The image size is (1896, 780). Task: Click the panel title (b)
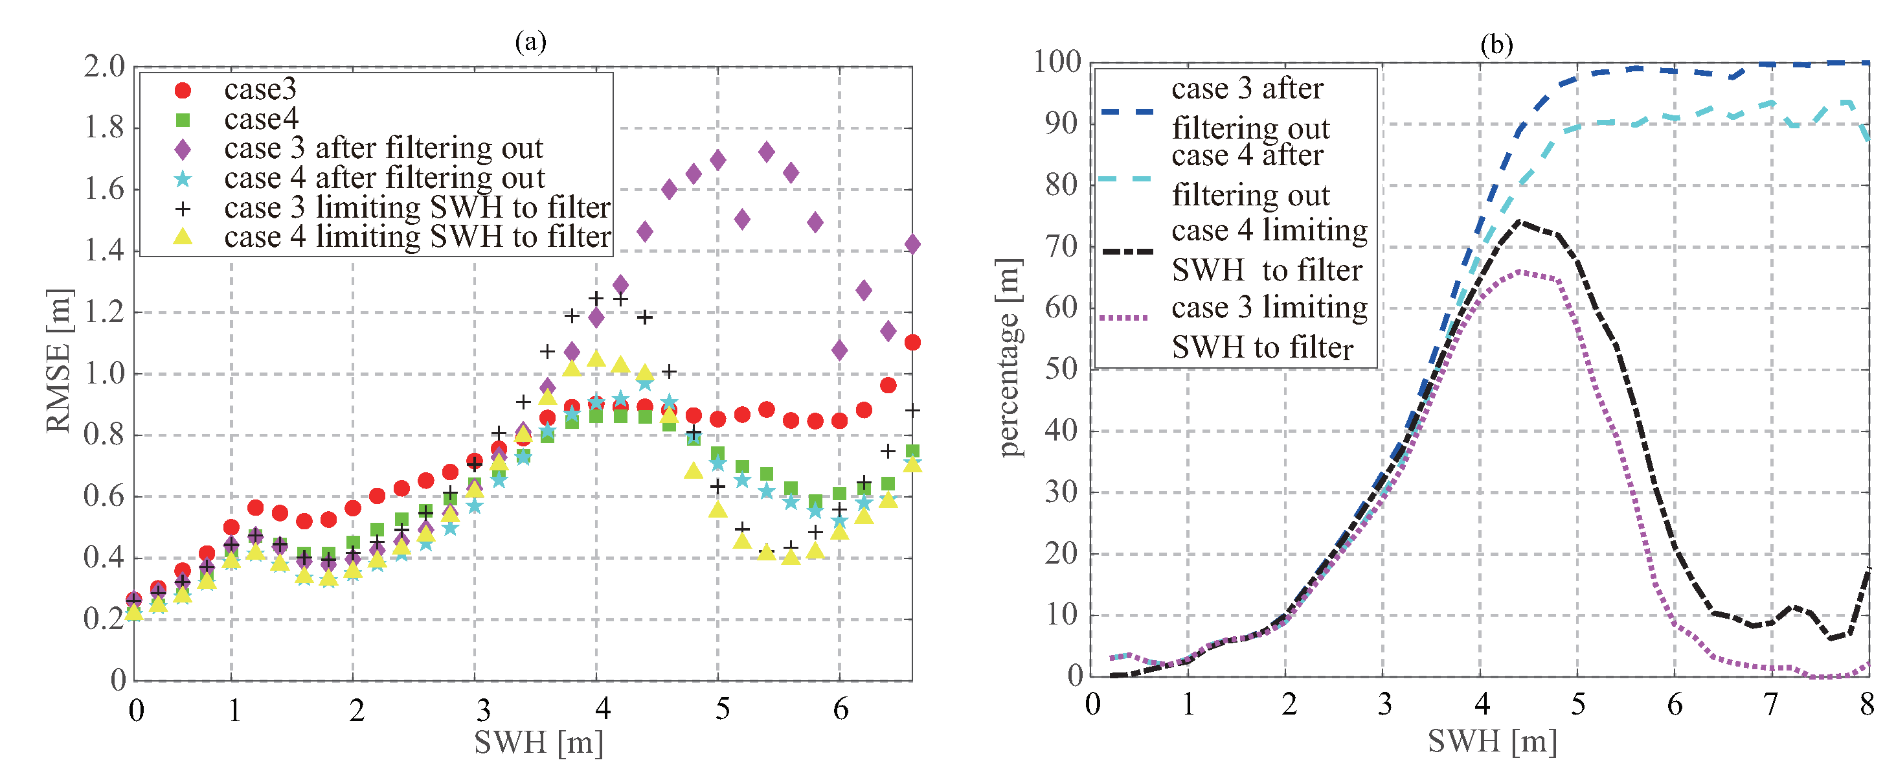pos(1496,45)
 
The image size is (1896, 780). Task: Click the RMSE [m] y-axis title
pos(59,361)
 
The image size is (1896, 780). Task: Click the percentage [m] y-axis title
pos(1008,358)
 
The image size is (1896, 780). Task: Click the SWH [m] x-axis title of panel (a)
pos(538,742)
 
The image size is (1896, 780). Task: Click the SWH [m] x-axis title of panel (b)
pos(1492,741)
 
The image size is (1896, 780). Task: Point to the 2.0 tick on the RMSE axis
pos(104,66)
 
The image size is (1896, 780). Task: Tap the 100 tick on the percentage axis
pos(1057,62)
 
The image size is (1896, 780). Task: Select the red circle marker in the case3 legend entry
pos(183,90)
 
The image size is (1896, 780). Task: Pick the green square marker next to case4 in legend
pos(183,119)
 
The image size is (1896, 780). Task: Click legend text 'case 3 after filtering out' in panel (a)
pos(383,149)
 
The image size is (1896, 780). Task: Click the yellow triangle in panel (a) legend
pos(183,237)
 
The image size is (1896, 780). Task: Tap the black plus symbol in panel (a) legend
pos(183,209)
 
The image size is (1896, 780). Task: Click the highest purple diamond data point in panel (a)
pos(766,152)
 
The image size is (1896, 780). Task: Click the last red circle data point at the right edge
pos(912,342)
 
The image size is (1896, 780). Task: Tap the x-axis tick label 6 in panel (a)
pos(841,709)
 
